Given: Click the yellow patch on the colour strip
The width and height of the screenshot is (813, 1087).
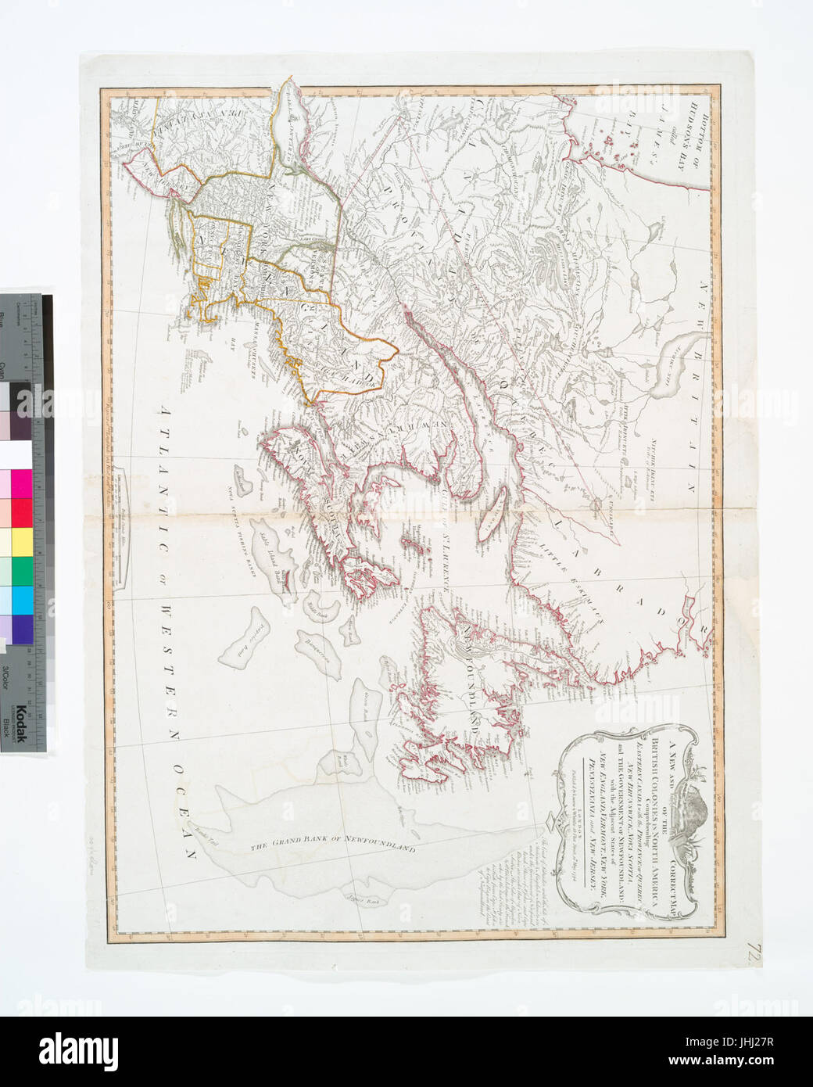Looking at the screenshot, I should (16, 540).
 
